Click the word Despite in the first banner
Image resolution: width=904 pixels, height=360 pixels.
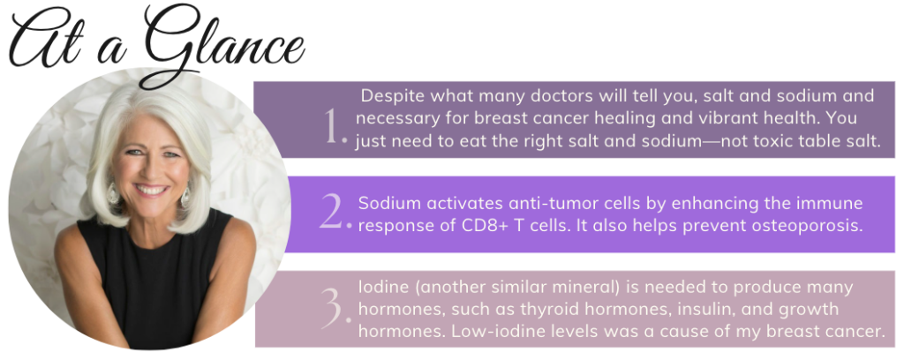(388, 96)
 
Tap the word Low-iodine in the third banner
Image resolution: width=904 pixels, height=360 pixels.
(500, 333)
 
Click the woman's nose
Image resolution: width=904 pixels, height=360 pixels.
(149, 170)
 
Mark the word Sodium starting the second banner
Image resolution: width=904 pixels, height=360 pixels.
(387, 203)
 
